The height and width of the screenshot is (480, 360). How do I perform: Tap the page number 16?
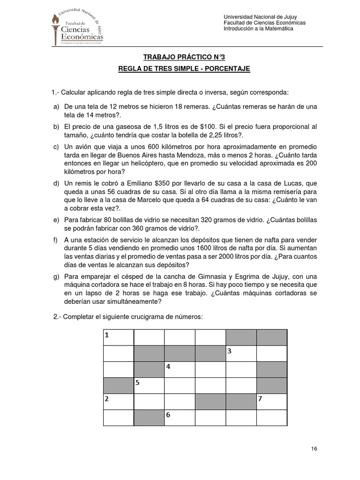pos(314,449)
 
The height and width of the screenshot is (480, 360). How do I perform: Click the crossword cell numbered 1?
pos(118,337)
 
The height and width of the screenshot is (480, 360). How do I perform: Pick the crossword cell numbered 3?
pos(241,352)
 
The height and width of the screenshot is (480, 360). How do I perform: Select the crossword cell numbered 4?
pos(180,369)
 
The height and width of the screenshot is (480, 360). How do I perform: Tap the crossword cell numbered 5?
pos(149,385)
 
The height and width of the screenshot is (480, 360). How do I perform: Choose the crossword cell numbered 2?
pos(118,401)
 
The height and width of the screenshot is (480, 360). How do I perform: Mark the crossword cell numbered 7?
pos(271,401)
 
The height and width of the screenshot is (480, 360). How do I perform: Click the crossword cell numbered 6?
pos(180,417)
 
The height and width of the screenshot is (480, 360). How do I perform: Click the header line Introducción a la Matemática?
pos(258,29)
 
